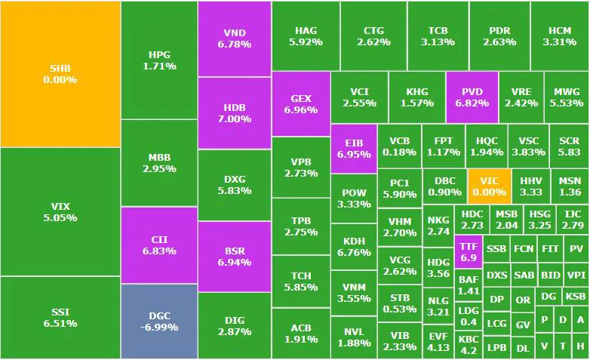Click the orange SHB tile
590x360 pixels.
(x=60, y=74)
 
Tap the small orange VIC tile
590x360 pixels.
(x=489, y=186)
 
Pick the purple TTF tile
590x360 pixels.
(x=468, y=251)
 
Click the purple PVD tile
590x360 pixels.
(x=472, y=97)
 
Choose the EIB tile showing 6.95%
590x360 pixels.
(x=353, y=149)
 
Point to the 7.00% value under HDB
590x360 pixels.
(x=235, y=118)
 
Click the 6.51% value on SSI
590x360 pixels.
(x=60, y=324)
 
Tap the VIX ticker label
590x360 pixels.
(x=60, y=206)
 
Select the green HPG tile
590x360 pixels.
(x=159, y=60)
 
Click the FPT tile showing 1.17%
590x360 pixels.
(x=443, y=146)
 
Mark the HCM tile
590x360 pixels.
(x=559, y=36)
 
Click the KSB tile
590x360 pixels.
(x=576, y=297)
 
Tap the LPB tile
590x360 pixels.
(x=496, y=348)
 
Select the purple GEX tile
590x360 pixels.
(x=301, y=104)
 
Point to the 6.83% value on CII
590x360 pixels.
(x=159, y=251)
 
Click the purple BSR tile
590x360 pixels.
(x=235, y=257)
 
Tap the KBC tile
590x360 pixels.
(x=468, y=344)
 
